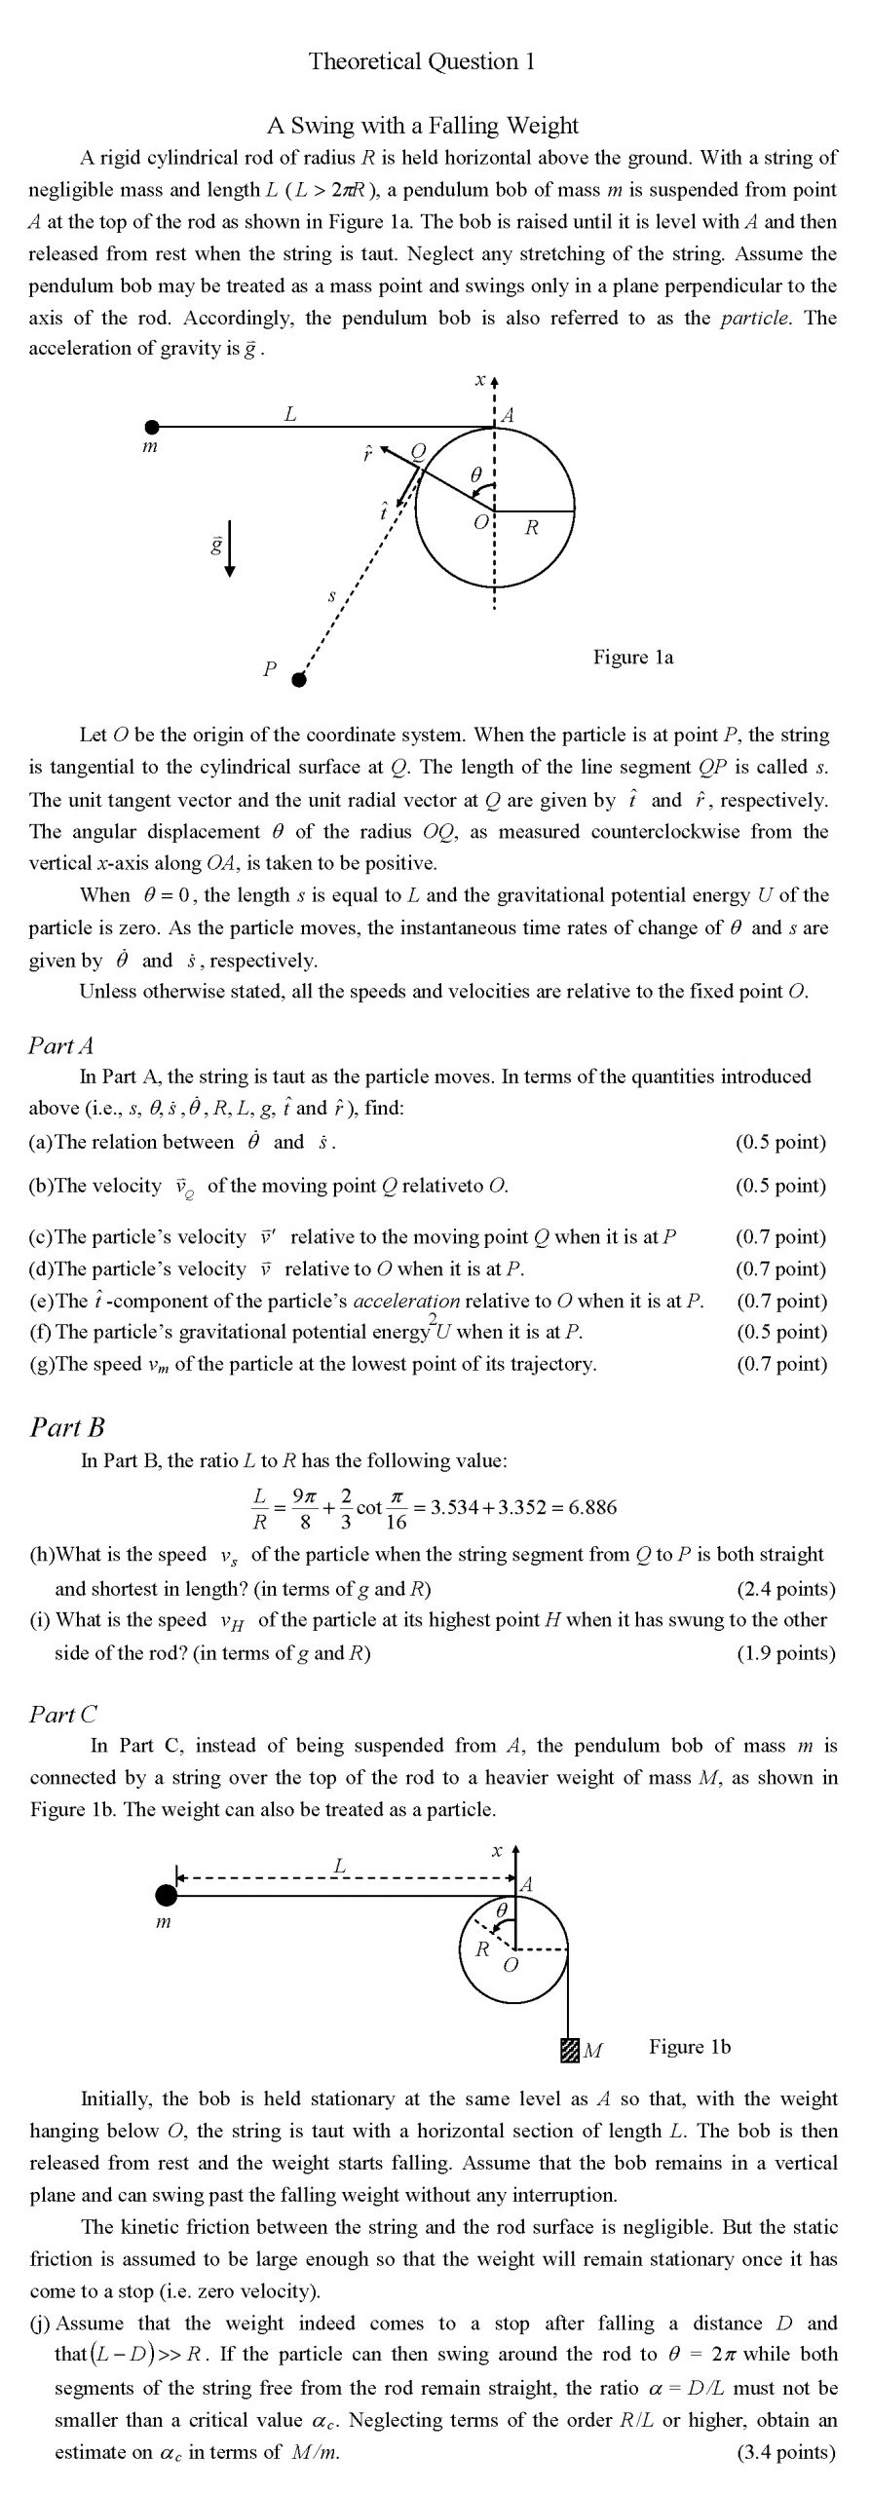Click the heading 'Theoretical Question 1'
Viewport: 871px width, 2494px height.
click(422, 61)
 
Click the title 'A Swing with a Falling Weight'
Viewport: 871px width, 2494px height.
click(423, 125)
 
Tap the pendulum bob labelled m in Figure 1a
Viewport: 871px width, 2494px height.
click(152, 427)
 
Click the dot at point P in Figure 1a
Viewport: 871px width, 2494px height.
click(299, 680)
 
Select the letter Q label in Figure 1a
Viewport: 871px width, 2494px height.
click(418, 451)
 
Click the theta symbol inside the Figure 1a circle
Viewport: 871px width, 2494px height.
click(475, 474)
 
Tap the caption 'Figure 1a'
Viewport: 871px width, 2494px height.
click(633, 658)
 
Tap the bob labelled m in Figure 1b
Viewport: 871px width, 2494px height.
click(167, 1894)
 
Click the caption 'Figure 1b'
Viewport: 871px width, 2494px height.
click(690, 2047)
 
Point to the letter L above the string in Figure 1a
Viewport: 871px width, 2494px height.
click(290, 414)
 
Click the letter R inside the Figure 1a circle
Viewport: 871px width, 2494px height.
click(531, 528)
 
